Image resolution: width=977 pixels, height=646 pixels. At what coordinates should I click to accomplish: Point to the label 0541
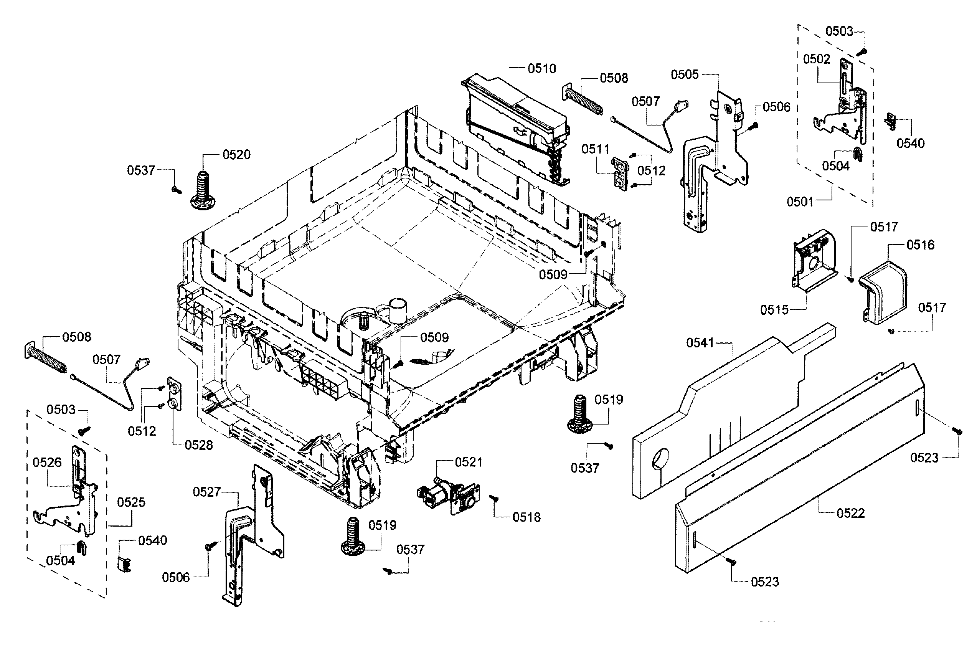click(x=700, y=343)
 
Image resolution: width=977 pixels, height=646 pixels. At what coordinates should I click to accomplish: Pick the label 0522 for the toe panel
click(x=850, y=513)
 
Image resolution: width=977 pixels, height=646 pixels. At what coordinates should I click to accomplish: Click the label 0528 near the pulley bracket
click(x=198, y=445)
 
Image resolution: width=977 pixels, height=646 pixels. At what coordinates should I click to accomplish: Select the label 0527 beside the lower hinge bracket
click(x=207, y=491)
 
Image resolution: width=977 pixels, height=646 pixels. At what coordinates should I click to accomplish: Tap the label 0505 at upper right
click(x=685, y=74)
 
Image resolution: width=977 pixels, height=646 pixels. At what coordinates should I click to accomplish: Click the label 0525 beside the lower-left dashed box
click(x=131, y=502)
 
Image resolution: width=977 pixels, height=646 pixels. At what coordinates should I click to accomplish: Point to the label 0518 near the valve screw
click(x=526, y=517)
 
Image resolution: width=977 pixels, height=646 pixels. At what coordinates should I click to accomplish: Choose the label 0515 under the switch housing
click(x=774, y=310)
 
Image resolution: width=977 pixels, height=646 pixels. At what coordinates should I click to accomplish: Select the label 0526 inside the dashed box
click(x=47, y=462)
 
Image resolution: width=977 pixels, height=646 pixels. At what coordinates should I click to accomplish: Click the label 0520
click(x=236, y=155)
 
